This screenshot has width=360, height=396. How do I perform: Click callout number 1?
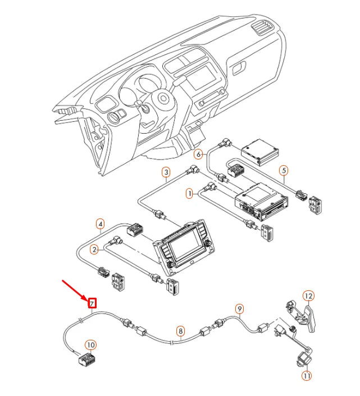pos(189,193)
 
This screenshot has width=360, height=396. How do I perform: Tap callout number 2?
pos(94,249)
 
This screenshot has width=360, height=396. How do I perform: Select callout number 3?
pos(166,172)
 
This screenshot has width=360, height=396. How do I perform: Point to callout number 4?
pos(100,224)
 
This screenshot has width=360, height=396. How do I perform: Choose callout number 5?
pos(284,170)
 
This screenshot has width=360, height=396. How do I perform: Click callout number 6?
pos(198,153)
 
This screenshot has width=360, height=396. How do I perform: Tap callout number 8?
pos(180,331)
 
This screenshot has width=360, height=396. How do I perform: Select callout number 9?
pos(239,308)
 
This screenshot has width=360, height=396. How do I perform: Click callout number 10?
pos(90,344)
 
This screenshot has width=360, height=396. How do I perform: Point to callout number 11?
pos(307,375)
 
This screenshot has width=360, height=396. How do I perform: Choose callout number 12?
pos(308,295)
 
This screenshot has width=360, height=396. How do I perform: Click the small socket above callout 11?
pos(304,357)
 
